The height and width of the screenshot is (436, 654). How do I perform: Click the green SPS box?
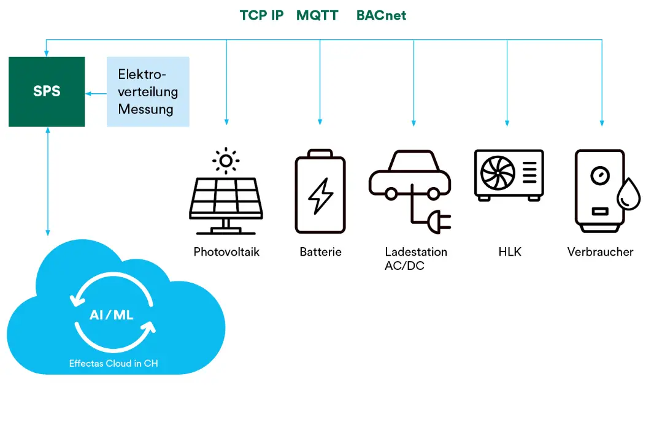tap(47, 92)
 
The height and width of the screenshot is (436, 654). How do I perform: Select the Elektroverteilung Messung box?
tap(148, 92)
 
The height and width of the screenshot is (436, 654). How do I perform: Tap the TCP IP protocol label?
tap(261, 15)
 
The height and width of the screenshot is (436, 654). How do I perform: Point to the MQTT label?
tap(317, 15)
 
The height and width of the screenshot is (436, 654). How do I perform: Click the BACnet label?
tap(381, 15)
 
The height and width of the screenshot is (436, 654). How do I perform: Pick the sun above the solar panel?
tap(226, 161)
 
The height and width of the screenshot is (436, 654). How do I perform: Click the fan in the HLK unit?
tap(498, 173)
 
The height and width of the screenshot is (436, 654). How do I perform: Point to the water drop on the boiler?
tap(628, 196)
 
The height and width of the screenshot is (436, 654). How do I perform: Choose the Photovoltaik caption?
tap(226, 252)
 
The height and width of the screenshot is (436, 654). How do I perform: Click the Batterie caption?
tap(320, 252)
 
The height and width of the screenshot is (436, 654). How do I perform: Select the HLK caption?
tap(509, 252)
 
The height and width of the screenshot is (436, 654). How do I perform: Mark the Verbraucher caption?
tap(600, 252)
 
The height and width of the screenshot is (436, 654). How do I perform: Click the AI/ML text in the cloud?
tap(112, 315)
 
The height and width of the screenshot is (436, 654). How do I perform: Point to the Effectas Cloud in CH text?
tap(113, 364)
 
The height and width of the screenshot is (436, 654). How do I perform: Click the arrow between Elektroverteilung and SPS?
tap(96, 93)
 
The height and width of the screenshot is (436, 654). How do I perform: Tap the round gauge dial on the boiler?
tap(598, 175)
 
